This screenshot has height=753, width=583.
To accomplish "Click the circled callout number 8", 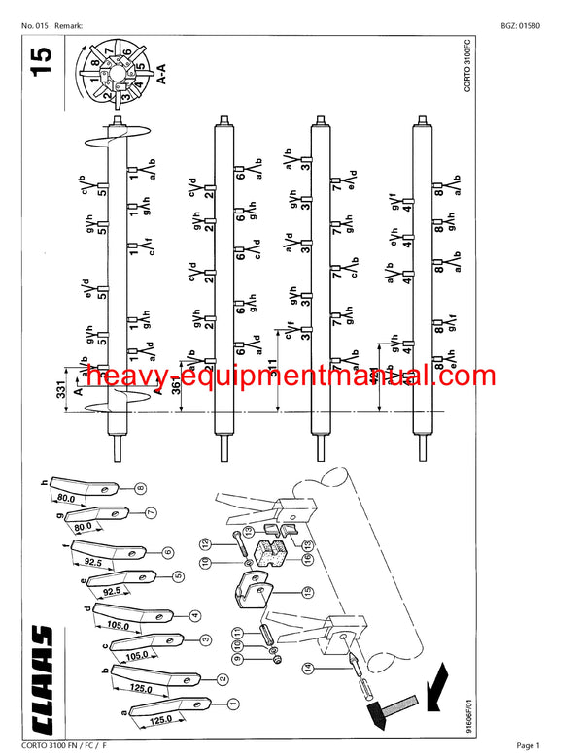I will click(141, 488).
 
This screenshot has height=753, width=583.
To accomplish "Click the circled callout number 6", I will click(167, 552).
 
